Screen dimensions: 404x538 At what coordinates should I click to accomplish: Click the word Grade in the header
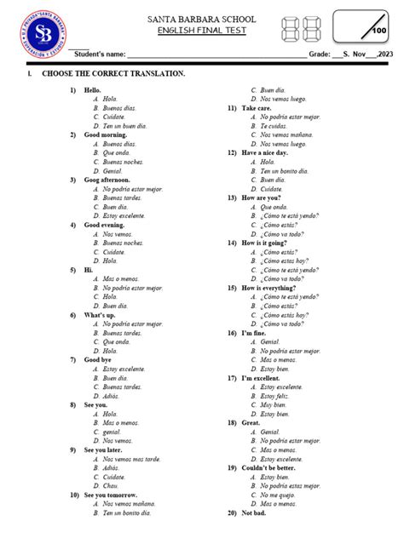click(319, 54)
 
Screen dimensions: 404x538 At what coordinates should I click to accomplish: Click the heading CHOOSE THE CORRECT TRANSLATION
click(107, 75)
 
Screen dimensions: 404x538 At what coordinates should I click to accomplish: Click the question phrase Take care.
click(257, 108)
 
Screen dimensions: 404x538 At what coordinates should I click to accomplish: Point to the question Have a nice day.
click(265, 153)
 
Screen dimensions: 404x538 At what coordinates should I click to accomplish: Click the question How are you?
click(261, 197)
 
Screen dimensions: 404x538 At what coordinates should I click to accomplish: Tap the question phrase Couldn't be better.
click(270, 467)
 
